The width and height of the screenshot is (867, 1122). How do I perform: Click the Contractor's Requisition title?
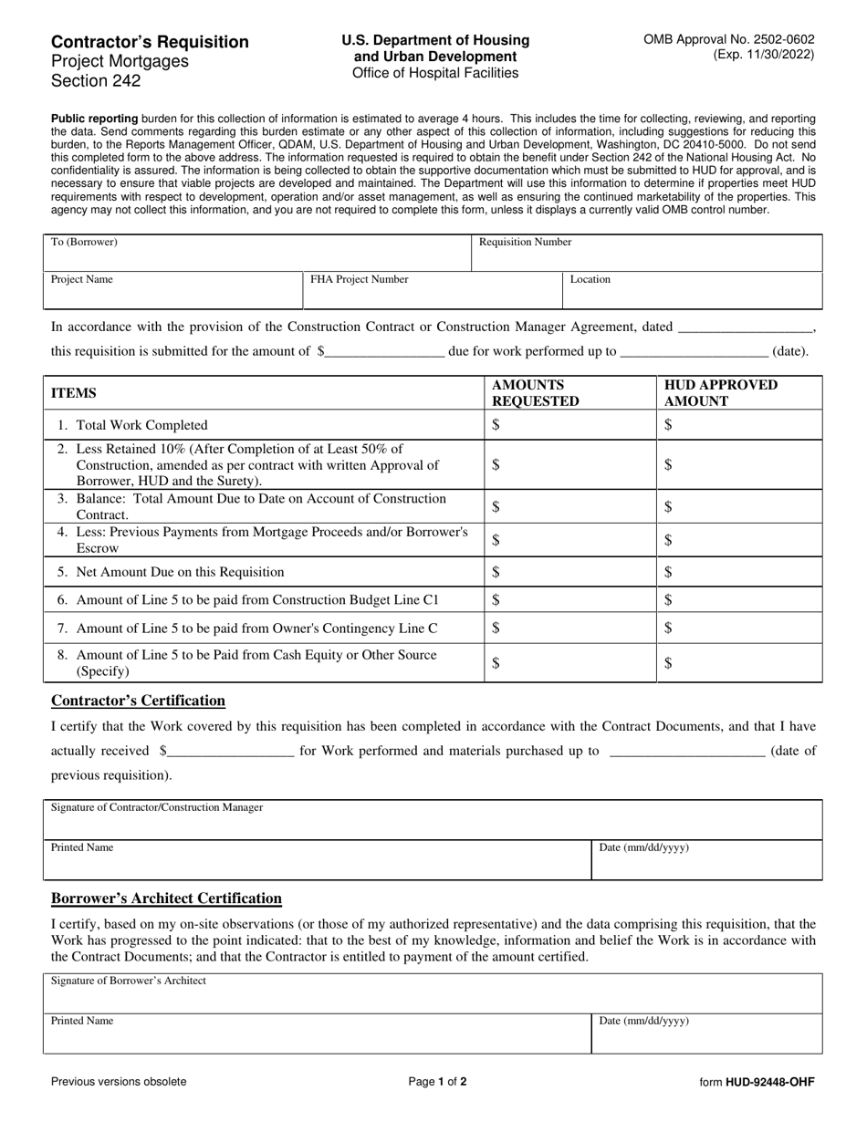pyautogui.click(x=150, y=42)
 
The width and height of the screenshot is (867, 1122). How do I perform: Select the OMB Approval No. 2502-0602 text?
pyautogui.click(x=729, y=39)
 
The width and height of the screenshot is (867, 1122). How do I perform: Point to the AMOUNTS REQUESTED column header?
pyautogui.click(x=535, y=393)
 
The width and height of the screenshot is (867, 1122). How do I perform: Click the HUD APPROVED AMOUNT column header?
pyautogui.click(x=721, y=393)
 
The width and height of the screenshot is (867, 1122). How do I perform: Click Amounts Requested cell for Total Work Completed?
pyautogui.click(x=570, y=425)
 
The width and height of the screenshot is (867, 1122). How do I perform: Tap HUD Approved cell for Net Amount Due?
pyautogui.click(x=739, y=572)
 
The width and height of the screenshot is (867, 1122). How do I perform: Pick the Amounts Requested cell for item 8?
pyautogui.click(x=570, y=664)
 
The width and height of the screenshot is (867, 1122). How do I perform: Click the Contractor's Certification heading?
pyautogui.click(x=138, y=701)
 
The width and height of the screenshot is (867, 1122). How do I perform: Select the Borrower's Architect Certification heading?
pyautogui.click(x=166, y=899)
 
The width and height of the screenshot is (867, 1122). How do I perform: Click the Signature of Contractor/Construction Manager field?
pyautogui.click(x=433, y=820)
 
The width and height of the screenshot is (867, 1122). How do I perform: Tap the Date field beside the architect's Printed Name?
pyautogui.click(x=706, y=1034)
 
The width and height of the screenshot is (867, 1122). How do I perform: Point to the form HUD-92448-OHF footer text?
pyautogui.click(x=757, y=1082)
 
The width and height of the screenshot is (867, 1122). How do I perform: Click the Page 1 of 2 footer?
pyautogui.click(x=437, y=1082)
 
